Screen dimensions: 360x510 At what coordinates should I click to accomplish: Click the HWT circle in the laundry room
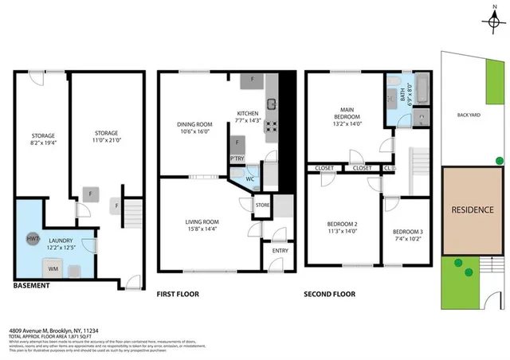(x=33, y=238)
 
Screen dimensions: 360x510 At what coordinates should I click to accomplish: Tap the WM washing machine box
(x=53, y=269)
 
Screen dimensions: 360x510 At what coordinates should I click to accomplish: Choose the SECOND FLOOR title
(x=329, y=294)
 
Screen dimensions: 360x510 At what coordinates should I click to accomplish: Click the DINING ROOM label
(x=194, y=124)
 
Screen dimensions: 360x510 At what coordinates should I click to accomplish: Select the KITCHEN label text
(x=248, y=114)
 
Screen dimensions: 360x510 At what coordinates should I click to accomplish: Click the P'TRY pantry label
(x=237, y=158)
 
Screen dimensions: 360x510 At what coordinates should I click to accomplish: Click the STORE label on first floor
(x=262, y=205)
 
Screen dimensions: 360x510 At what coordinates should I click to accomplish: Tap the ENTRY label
(x=280, y=250)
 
